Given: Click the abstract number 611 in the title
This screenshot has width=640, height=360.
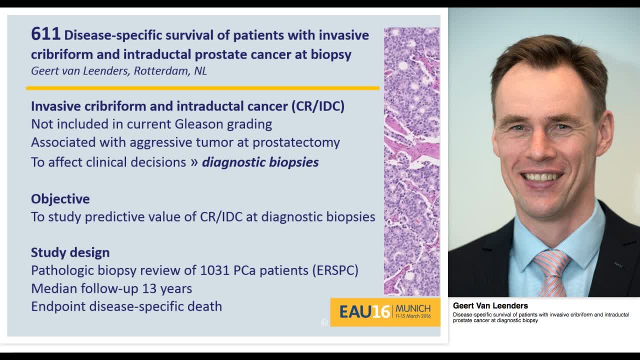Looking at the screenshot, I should coord(45,34).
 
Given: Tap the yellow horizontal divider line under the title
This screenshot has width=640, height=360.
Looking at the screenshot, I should coord(202,88).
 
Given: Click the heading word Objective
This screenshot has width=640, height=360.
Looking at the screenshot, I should coord(60,199).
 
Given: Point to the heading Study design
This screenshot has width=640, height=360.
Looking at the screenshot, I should coord(70,252).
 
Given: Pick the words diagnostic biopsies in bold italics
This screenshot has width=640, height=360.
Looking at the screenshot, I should coord(260,162).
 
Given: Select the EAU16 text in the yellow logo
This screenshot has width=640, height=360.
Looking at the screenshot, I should coord(364,311).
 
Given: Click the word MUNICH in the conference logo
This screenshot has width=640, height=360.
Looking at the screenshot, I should coord(412,308).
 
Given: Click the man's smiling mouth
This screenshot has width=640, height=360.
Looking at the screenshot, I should coord(541,177).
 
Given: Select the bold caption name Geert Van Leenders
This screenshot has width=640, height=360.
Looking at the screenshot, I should coord(490,305).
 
